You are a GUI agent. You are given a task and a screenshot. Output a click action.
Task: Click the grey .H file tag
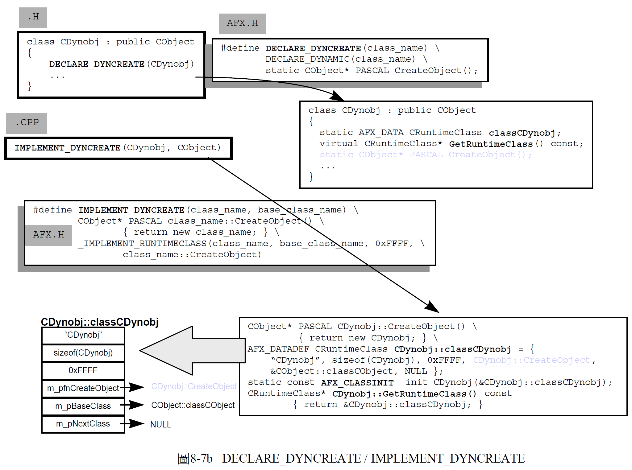(x=33, y=17)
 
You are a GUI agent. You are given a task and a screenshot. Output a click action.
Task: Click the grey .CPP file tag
(x=27, y=123)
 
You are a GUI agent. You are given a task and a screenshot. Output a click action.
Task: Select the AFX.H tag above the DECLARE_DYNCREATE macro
(x=242, y=23)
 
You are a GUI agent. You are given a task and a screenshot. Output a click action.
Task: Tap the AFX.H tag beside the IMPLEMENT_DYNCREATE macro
(x=48, y=235)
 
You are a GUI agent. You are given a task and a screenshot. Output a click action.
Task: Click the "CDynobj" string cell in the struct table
(x=83, y=335)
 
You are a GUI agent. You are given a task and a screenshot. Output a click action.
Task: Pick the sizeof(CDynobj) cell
(x=83, y=353)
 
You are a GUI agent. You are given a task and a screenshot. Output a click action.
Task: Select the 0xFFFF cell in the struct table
(x=83, y=370)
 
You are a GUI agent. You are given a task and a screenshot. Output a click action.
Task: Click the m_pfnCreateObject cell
(x=83, y=388)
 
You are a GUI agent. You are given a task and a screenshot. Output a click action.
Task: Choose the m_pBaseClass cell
(x=83, y=406)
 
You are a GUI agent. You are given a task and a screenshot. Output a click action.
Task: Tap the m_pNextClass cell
(x=83, y=424)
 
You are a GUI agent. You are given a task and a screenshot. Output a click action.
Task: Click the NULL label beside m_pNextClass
(x=160, y=425)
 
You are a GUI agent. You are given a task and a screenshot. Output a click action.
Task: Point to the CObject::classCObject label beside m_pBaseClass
(x=193, y=405)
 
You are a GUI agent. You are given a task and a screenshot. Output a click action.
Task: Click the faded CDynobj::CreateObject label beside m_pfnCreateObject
(x=193, y=386)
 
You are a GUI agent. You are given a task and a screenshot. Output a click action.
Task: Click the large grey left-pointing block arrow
(x=188, y=351)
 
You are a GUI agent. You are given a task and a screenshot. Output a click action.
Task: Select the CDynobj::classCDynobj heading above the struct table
(x=100, y=322)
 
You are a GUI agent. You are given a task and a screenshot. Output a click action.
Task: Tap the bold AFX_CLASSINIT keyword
(x=357, y=383)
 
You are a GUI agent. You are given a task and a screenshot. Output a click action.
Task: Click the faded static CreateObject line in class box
(x=426, y=155)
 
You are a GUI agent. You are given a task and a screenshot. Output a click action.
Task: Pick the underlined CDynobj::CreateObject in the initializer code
(x=532, y=360)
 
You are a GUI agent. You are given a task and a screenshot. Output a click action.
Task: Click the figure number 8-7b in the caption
(x=201, y=459)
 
